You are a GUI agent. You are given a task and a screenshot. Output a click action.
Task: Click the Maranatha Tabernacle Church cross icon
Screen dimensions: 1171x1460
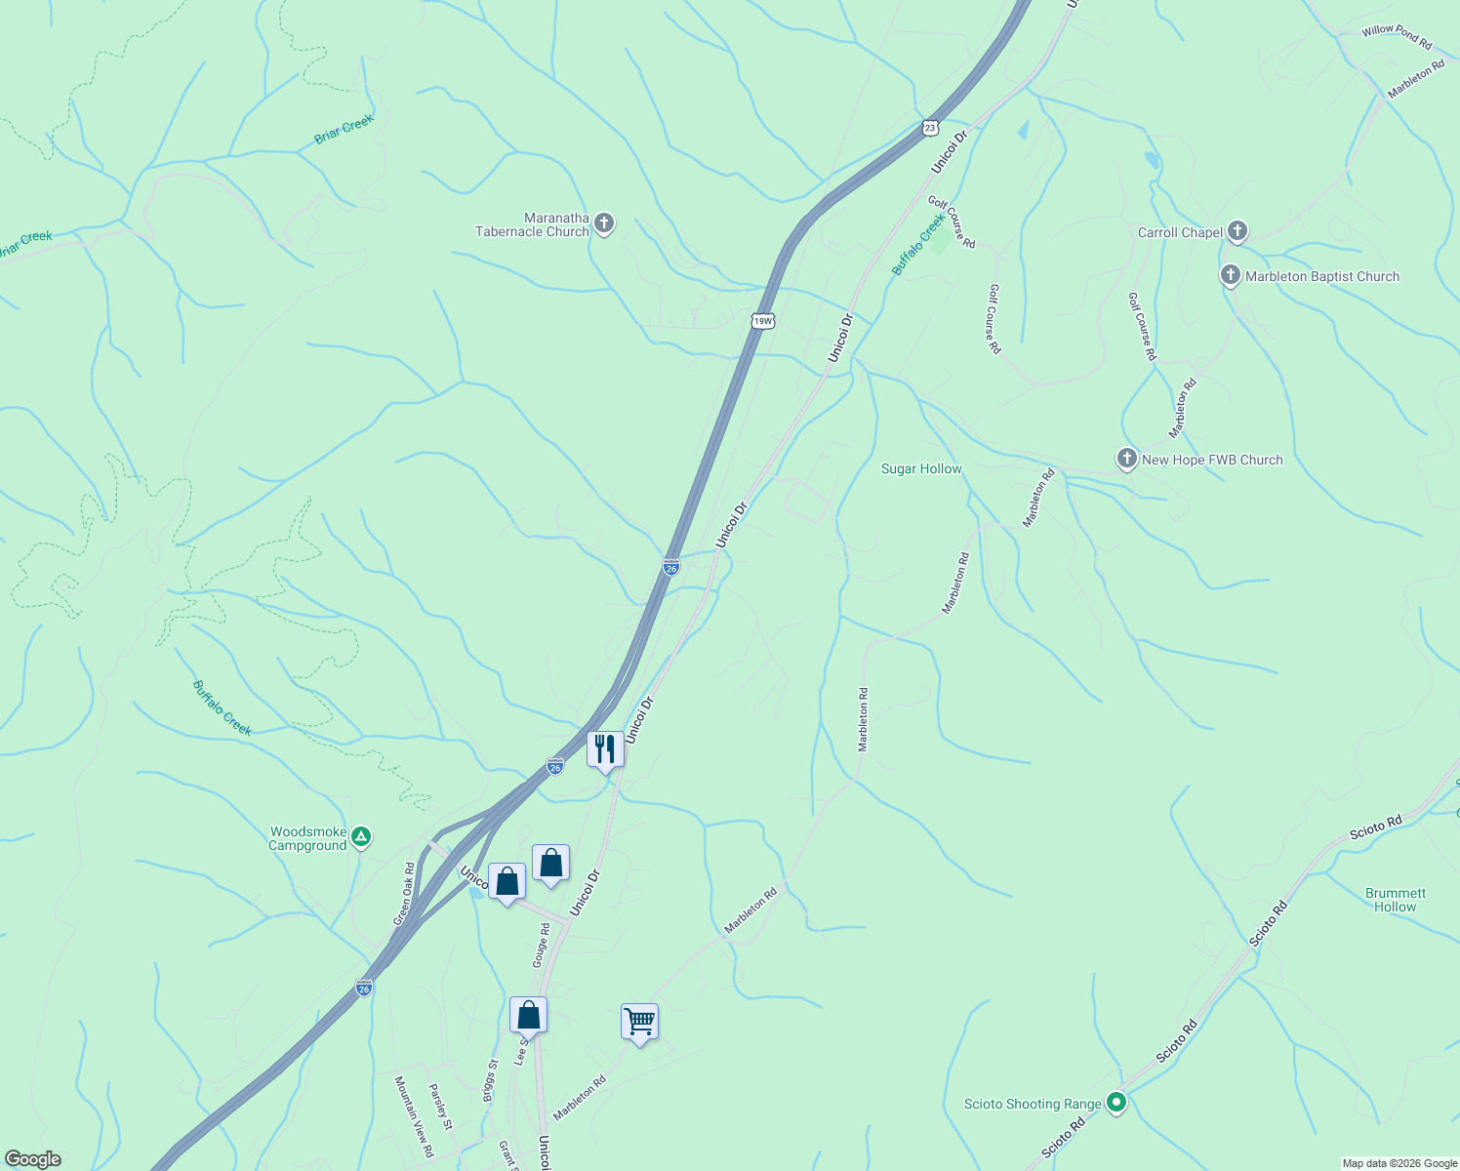(x=604, y=224)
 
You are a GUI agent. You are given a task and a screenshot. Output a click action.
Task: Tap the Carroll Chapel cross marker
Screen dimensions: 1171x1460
(x=1237, y=231)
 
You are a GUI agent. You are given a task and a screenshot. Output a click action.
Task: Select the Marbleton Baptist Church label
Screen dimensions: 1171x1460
(x=1321, y=276)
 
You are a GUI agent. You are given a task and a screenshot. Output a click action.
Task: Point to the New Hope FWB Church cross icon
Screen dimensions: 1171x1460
(x=1127, y=459)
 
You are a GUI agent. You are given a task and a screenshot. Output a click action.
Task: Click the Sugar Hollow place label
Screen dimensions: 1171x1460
(x=921, y=469)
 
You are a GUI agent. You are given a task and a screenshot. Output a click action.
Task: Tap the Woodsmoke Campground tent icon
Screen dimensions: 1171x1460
(x=361, y=836)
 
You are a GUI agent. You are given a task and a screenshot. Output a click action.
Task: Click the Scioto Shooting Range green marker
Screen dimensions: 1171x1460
(x=1117, y=1104)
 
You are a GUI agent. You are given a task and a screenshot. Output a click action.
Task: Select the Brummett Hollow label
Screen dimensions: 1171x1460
(x=1395, y=900)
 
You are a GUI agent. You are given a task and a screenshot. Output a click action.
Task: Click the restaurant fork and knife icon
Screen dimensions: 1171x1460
(x=605, y=749)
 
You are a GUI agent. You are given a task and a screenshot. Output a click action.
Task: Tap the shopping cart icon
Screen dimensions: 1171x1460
(x=639, y=1022)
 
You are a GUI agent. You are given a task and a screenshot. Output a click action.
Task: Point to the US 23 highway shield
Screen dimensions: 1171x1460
(x=930, y=127)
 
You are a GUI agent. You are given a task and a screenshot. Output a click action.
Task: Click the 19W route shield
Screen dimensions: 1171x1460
(x=763, y=320)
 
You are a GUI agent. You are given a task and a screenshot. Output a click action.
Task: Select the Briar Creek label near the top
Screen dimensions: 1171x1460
(x=344, y=130)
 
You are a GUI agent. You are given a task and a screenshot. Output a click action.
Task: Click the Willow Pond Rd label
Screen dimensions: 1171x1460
(x=1397, y=37)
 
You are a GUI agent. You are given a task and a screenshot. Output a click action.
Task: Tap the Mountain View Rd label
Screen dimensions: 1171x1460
(x=413, y=1116)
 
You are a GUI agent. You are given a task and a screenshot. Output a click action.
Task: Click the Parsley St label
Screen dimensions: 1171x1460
(x=441, y=1107)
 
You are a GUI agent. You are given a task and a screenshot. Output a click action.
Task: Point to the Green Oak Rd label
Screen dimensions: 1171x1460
(x=404, y=894)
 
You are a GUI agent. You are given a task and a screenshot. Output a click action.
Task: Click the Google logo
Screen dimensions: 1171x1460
(x=33, y=1159)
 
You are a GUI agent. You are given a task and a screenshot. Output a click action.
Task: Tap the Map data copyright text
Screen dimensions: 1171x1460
(x=1399, y=1163)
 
